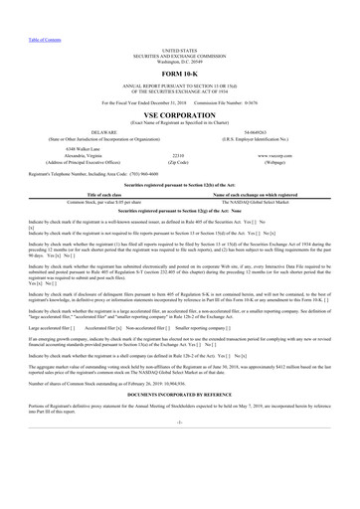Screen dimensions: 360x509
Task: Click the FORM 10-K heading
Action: coord(179,76)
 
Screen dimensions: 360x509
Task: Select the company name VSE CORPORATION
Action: coord(179,112)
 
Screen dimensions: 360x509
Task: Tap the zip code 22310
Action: coord(179,156)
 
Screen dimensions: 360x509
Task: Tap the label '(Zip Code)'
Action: coord(179,162)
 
